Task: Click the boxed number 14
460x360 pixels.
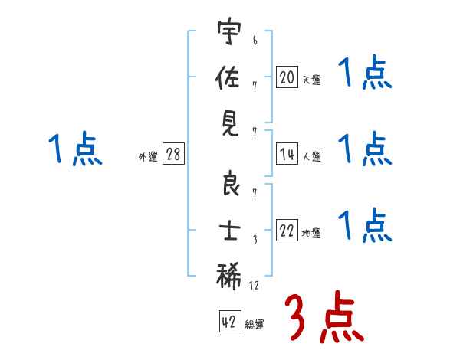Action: [x=287, y=153]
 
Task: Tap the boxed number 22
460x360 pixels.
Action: [x=287, y=231]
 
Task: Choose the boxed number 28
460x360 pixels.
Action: [x=173, y=154]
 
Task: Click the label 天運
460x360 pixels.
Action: [x=311, y=78]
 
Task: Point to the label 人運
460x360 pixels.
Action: [x=311, y=156]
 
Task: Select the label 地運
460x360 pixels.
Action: [x=311, y=233]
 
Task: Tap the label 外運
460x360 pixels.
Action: [x=148, y=156]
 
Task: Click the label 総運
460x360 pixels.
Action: [x=255, y=324]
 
